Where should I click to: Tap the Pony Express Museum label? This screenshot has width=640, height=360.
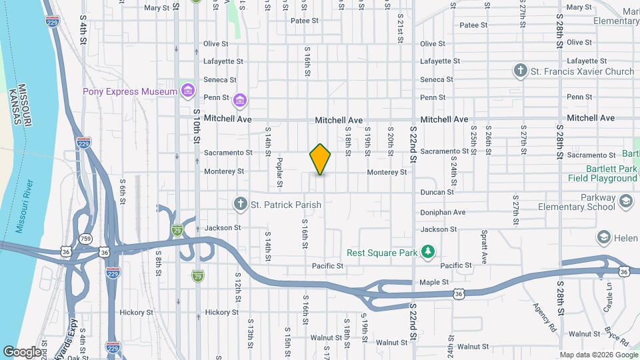pyautogui.click(x=129, y=91)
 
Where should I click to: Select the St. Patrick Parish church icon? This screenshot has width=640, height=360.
pyautogui.click(x=241, y=203)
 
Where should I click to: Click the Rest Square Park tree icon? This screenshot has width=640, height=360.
pyautogui.click(x=429, y=252)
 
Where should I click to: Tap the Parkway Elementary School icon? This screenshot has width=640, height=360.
pyautogui.click(x=625, y=201)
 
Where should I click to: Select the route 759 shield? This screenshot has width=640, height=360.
pyautogui.click(x=85, y=238)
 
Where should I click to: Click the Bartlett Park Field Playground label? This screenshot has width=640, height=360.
pyautogui.click(x=602, y=174)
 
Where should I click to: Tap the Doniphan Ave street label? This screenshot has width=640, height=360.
pyautogui.click(x=442, y=212)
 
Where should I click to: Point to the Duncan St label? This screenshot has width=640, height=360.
pyautogui.click(x=437, y=192)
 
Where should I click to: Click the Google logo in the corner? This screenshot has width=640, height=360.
pyautogui.click(x=21, y=351)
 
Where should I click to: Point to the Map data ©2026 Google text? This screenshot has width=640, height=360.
pyautogui.click(x=597, y=355)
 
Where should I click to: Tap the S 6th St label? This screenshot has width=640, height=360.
pyautogui.click(x=123, y=191)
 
